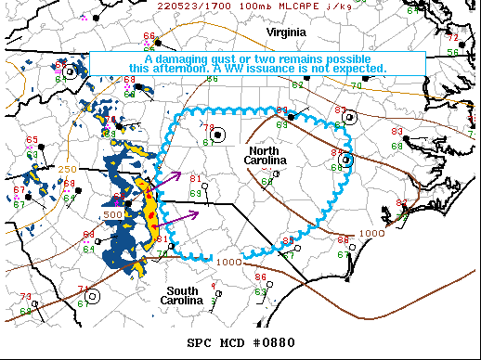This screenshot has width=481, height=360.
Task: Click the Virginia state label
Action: (286, 32)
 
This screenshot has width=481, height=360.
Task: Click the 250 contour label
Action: (67, 170)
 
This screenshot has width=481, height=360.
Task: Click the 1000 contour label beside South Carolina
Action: (227, 262)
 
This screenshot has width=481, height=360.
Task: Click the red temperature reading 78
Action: (208, 128)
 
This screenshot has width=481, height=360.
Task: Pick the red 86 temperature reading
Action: (260, 276)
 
